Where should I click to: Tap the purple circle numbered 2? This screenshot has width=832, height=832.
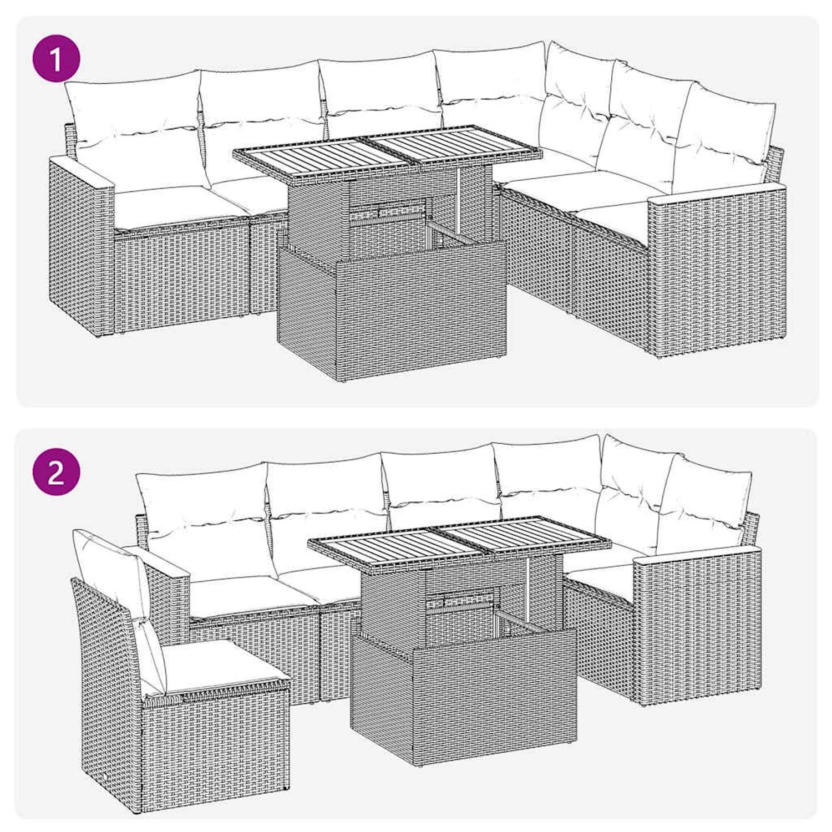(x=56, y=474)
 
